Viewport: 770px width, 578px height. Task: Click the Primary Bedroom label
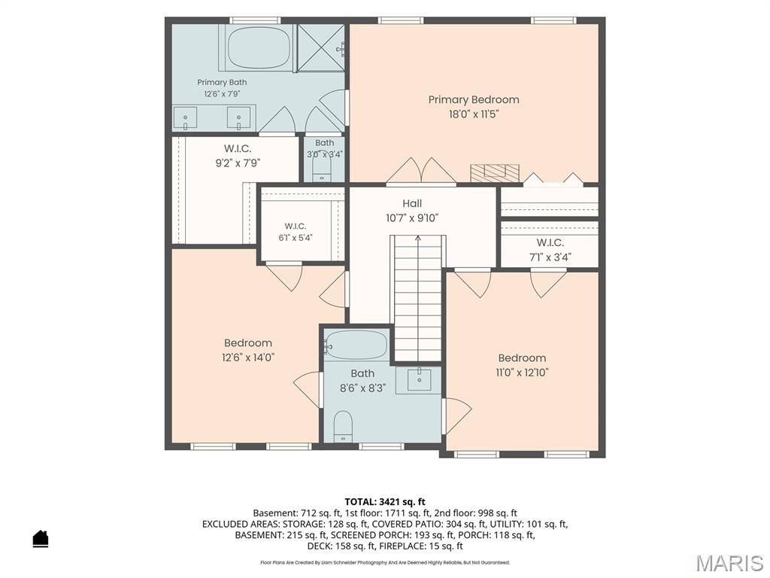coord(474,100)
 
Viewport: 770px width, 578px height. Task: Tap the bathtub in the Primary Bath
coord(259,47)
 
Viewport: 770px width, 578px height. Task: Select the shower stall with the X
coord(321,47)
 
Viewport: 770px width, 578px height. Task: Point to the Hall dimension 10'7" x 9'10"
coord(412,218)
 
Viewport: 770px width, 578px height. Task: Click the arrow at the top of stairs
coord(418,239)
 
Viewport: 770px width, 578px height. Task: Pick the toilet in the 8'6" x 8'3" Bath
coord(343,426)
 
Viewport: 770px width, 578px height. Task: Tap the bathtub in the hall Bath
coord(356,345)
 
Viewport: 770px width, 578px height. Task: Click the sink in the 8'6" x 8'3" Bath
coord(419,380)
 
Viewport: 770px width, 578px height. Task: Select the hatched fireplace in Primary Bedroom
coord(495,173)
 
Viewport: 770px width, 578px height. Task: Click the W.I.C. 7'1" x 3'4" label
coord(550,250)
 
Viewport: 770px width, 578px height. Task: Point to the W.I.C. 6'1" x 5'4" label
coord(296,232)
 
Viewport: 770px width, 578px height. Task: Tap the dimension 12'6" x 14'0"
coord(248,357)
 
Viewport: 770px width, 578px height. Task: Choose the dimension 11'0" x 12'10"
coord(522,373)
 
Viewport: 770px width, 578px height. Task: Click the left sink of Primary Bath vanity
coord(186,118)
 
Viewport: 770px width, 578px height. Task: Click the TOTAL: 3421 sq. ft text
coord(385,502)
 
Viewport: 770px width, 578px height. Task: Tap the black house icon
coord(41,538)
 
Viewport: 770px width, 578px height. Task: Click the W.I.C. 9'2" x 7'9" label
coord(238,155)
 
